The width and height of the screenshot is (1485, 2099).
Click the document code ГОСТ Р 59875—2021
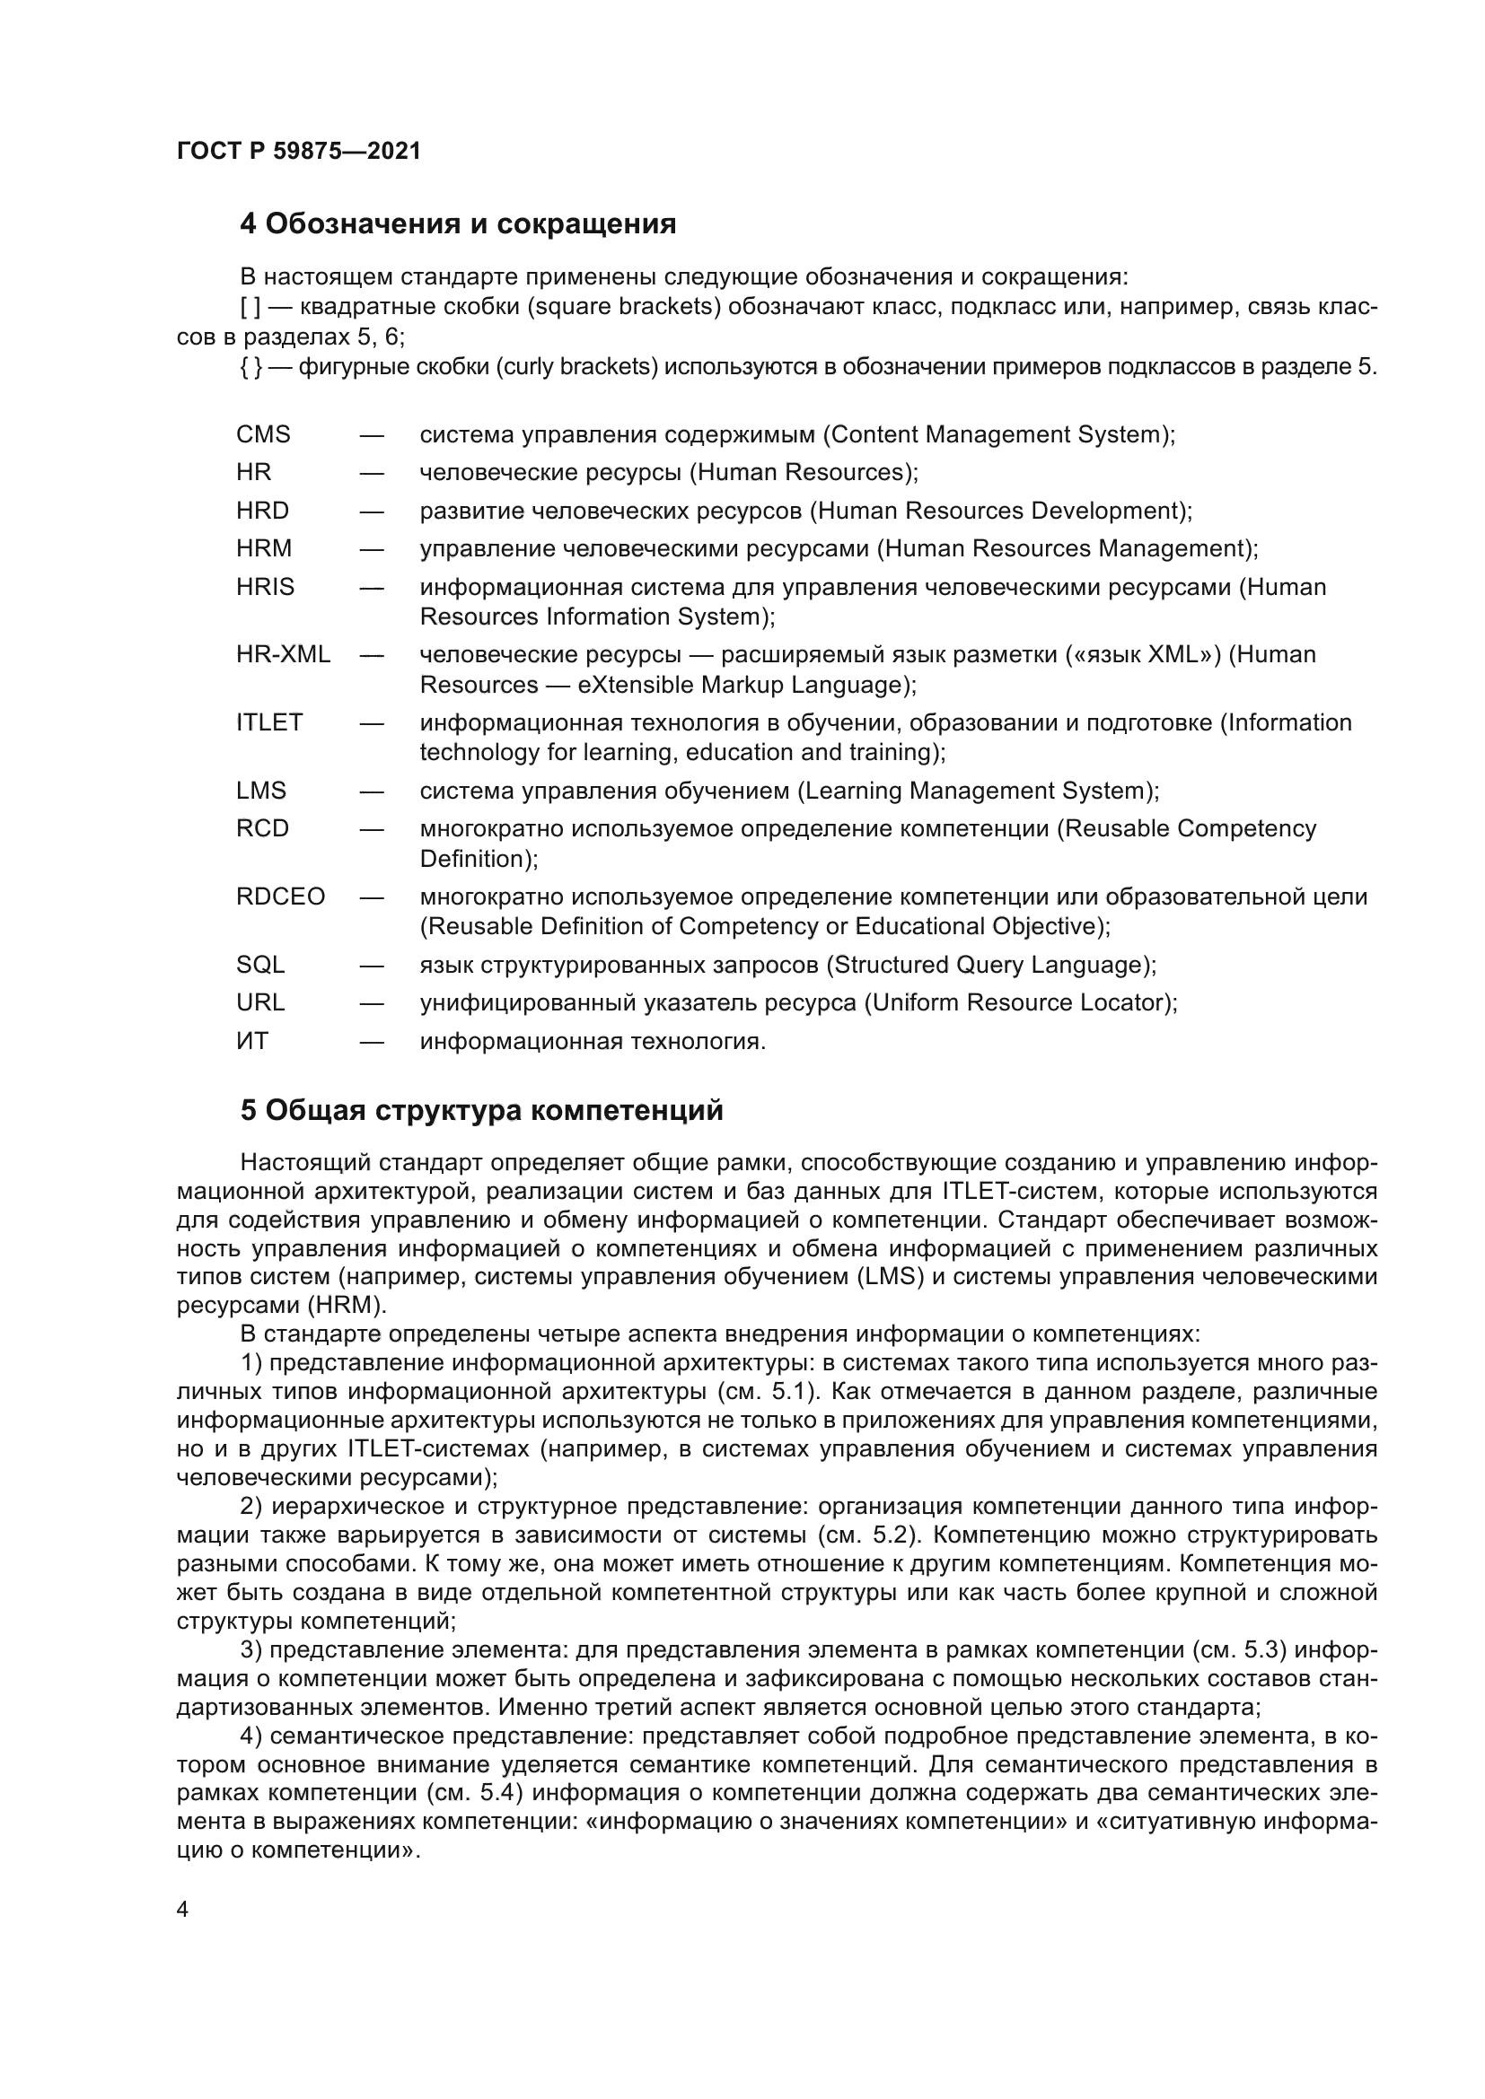[x=298, y=152]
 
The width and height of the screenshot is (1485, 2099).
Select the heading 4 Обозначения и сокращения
[x=457, y=224]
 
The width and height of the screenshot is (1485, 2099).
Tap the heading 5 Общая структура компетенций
[x=481, y=1111]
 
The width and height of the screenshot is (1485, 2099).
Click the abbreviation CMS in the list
[x=262, y=434]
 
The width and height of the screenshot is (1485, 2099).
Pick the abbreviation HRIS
[x=265, y=587]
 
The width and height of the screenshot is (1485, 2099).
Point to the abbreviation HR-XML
[x=283, y=654]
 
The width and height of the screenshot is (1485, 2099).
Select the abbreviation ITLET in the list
[x=268, y=722]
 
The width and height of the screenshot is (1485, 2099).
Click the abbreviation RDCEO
[x=280, y=896]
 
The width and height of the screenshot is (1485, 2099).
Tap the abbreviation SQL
[x=259, y=965]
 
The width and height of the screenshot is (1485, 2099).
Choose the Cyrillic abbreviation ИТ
[x=251, y=1041]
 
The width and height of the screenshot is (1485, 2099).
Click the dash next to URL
[x=372, y=1003]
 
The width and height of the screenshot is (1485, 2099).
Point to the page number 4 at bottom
[x=182, y=1910]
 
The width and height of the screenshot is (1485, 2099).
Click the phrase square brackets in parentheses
[x=625, y=307]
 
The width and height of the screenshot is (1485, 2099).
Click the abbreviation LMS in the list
[x=260, y=791]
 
